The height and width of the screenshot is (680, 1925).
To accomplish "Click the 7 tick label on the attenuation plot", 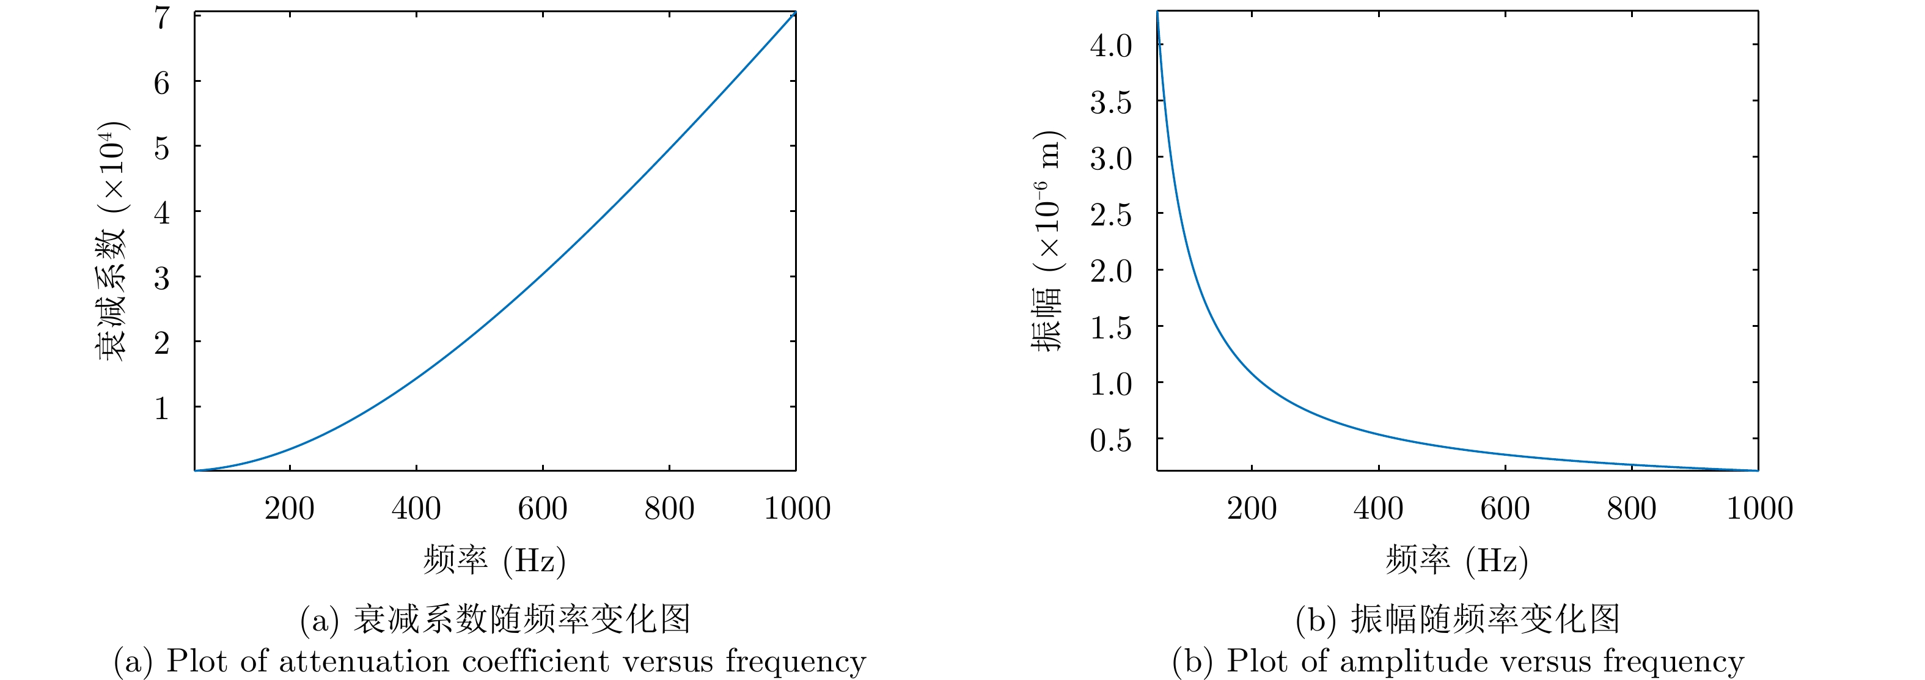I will pyautogui.click(x=162, y=18).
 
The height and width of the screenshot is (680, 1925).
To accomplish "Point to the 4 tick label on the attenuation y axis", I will pyautogui.click(x=162, y=213).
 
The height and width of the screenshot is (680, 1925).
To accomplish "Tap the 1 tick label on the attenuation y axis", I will pyautogui.click(x=162, y=409).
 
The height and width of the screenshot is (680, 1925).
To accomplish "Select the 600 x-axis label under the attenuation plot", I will pyautogui.click(x=543, y=509).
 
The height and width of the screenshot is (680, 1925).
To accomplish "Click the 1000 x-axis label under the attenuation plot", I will pyautogui.click(x=797, y=509).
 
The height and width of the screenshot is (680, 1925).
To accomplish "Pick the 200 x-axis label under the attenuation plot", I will pyautogui.click(x=289, y=509).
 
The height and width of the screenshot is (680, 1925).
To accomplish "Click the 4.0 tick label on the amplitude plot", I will pyautogui.click(x=1110, y=46).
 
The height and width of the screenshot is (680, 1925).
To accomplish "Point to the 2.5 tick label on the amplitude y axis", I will pyautogui.click(x=1110, y=215).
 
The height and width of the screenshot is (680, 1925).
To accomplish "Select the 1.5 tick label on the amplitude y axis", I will pyautogui.click(x=1110, y=328).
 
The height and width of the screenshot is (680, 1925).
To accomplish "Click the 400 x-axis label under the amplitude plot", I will pyautogui.click(x=1378, y=509).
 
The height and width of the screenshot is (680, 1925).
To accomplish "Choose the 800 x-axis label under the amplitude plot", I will pyautogui.click(x=1631, y=509).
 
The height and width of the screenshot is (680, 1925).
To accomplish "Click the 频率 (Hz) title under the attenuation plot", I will pyautogui.click(x=494, y=560).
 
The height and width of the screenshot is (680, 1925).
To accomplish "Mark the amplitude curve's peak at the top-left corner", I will pyautogui.click(x=1157, y=13).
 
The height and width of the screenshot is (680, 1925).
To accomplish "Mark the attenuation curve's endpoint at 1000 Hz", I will pyautogui.click(x=794, y=13).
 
